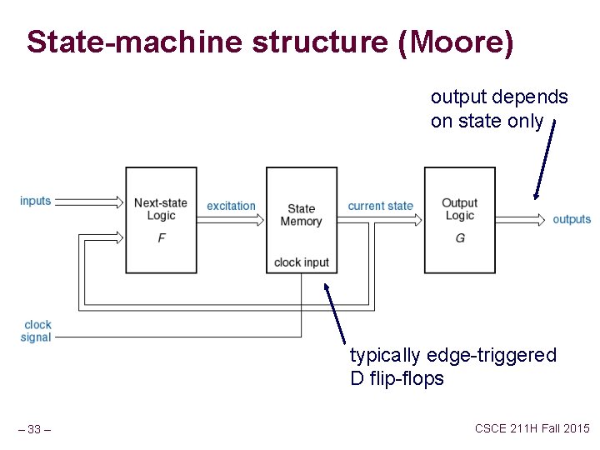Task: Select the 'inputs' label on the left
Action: (36, 201)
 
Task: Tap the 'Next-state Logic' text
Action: (160, 209)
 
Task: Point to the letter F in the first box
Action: (161, 238)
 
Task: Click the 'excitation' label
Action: (231, 206)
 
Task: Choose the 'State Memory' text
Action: (301, 215)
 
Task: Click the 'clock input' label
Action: (302, 262)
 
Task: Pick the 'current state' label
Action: (380, 206)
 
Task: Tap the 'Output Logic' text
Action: (459, 209)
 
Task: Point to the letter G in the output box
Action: (460, 238)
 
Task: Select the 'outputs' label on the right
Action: (572, 219)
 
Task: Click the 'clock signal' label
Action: (37, 331)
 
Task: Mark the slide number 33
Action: (35, 430)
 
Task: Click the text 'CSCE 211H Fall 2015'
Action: (532, 428)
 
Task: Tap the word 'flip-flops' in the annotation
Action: (408, 379)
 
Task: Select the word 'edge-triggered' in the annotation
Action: (490, 356)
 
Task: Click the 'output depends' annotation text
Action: (499, 97)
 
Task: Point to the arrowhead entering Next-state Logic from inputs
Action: (120, 201)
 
